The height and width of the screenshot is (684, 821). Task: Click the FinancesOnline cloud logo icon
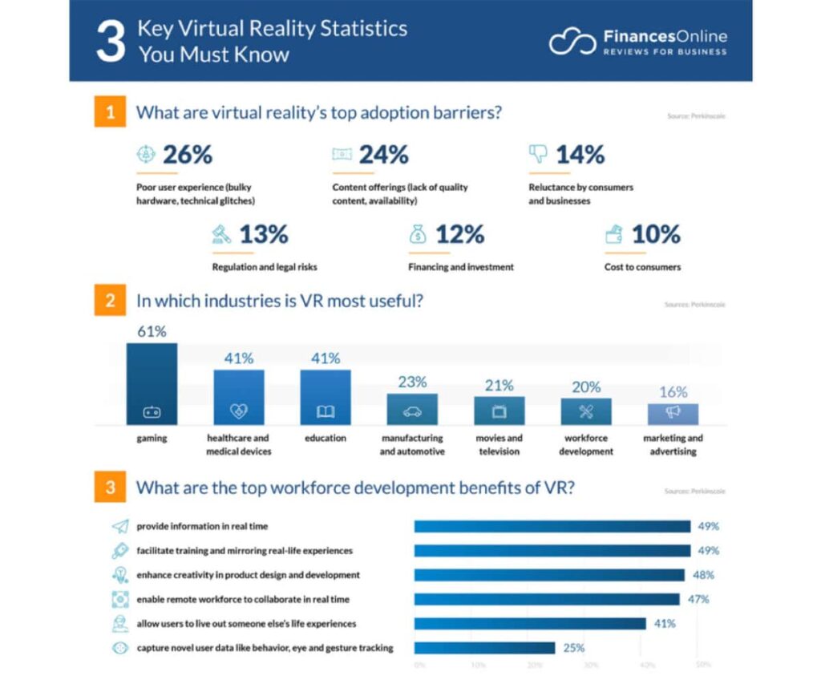(572, 42)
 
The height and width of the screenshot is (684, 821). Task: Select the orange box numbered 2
(110, 302)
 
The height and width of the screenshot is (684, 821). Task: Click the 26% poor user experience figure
(187, 155)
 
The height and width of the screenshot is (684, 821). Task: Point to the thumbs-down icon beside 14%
(538, 154)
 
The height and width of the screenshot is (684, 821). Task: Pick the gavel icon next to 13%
(221, 234)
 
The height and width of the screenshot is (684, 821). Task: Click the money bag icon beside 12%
(418, 234)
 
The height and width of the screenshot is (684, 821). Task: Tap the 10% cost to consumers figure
(655, 234)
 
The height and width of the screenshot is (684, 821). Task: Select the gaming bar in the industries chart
(152, 383)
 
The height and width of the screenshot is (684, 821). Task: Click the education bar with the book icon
(326, 397)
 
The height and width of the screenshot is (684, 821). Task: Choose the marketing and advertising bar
(673, 414)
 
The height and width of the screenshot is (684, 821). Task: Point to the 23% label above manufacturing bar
(412, 382)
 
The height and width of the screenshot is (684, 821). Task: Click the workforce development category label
(585, 445)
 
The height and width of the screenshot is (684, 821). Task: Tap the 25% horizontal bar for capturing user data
(484, 648)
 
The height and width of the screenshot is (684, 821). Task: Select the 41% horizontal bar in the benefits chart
(530, 623)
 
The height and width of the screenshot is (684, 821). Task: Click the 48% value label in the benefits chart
(703, 575)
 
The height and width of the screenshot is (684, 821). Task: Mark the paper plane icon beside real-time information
(120, 527)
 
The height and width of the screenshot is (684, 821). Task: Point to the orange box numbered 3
(110, 487)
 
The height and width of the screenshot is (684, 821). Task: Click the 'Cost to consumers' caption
(641, 267)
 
